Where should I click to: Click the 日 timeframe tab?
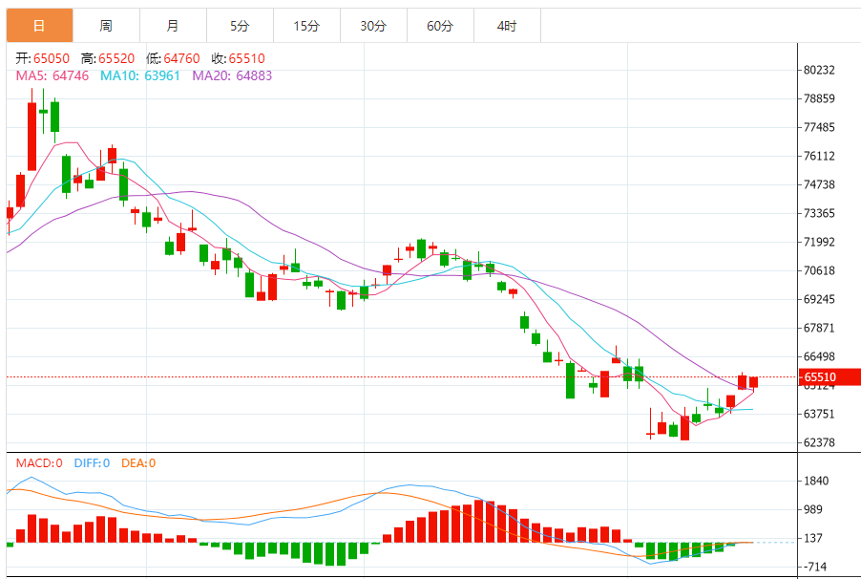pyautogui.click(x=38, y=26)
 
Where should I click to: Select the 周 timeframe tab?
pyautogui.click(x=105, y=26)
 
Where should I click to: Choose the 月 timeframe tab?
pyautogui.click(x=172, y=26)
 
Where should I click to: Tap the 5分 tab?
pyautogui.click(x=240, y=26)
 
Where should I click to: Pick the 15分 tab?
pyautogui.click(x=306, y=26)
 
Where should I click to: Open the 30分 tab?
pyautogui.click(x=373, y=26)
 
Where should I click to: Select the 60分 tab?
pyautogui.click(x=440, y=26)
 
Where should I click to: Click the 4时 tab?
pyautogui.click(x=507, y=26)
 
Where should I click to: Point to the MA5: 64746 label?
pyautogui.click(x=52, y=75)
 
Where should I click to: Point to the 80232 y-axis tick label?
pyautogui.click(x=820, y=70)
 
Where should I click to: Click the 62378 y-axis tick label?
pyautogui.click(x=820, y=442)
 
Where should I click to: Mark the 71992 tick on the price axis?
pyautogui.click(x=820, y=242)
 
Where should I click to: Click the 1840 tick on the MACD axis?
pyautogui.click(x=816, y=481)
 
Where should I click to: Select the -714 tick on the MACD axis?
pyautogui.click(x=816, y=567)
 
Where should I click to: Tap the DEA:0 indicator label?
pyautogui.click(x=137, y=463)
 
